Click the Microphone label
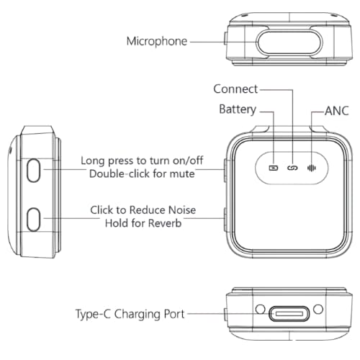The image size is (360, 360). tap(157, 42)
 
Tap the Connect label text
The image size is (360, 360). tap(235, 89)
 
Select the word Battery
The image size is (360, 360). tap(238, 109)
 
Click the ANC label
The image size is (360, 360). tap(336, 111)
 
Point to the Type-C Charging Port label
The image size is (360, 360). tap(130, 314)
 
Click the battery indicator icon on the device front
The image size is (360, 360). tap(274, 168)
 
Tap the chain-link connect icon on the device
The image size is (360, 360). tap(292, 168)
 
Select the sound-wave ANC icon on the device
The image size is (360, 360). tap(312, 168)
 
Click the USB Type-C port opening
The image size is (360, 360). tap(289, 314)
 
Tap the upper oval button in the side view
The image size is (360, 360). tap(33, 170)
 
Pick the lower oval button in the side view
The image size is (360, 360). tap(33, 220)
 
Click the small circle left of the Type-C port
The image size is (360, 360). tap(260, 309)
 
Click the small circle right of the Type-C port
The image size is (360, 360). tap(318, 309)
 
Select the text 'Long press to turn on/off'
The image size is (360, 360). tap(142, 161)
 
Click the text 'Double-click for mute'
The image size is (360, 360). tap(142, 174)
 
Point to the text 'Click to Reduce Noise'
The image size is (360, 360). tap(143, 210)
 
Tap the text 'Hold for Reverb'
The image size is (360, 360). tap(143, 223)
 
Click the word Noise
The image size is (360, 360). tap(182, 210)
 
